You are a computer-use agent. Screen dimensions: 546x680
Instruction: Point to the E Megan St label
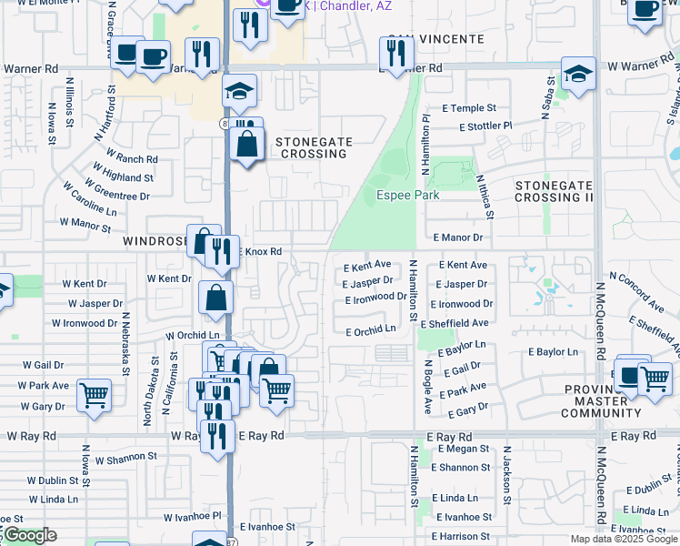tap(464, 449)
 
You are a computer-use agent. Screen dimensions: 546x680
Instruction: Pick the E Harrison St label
tap(463, 536)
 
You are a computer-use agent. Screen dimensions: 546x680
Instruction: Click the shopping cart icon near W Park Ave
tap(94, 396)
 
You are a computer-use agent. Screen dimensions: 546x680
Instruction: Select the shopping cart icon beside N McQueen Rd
tap(654, 379)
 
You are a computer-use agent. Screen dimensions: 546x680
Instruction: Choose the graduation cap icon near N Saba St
tap(577, 75)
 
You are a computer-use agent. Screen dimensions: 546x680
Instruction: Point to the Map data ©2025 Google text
tap(623, 539)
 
